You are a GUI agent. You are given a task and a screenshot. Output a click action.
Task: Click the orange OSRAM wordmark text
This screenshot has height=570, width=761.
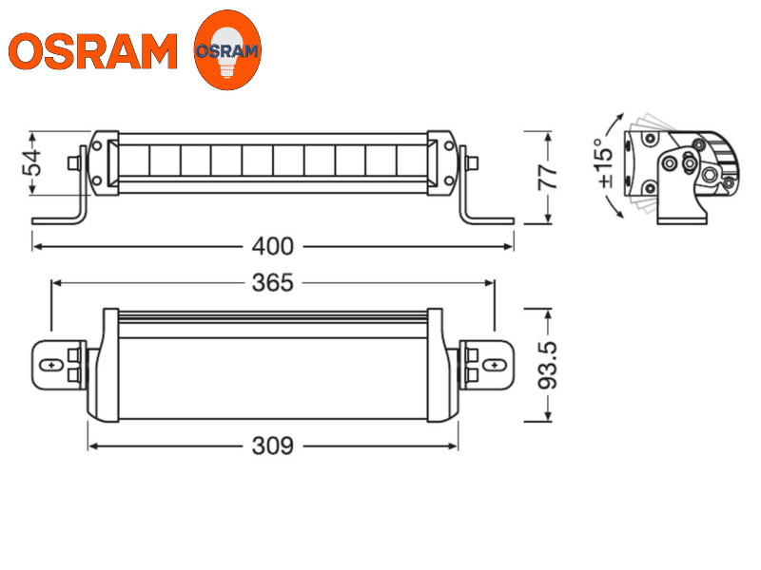click(x=93, y=51)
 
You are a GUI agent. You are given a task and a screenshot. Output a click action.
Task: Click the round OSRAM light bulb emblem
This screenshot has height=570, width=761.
click(x=226, y=50)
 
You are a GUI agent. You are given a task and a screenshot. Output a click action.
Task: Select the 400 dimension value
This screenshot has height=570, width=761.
click(x=273, y=247)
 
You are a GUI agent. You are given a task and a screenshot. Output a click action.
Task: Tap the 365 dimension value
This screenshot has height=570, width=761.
click(x=273, y=282)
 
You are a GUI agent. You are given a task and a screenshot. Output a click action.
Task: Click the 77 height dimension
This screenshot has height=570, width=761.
click(x=549, y=178)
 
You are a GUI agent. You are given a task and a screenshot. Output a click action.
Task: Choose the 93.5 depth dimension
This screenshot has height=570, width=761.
click(x=549, y=365)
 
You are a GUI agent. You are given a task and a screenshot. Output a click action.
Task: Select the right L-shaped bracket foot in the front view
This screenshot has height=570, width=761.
click(x=487, y=218)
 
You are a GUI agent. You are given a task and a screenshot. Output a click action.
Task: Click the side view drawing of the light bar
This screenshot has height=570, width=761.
click(x=680, y=171)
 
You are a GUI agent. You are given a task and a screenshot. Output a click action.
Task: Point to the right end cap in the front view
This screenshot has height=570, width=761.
click(x=444, y=161)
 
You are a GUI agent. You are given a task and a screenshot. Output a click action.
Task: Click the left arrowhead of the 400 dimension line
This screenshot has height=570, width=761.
click(x=36, y=247)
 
